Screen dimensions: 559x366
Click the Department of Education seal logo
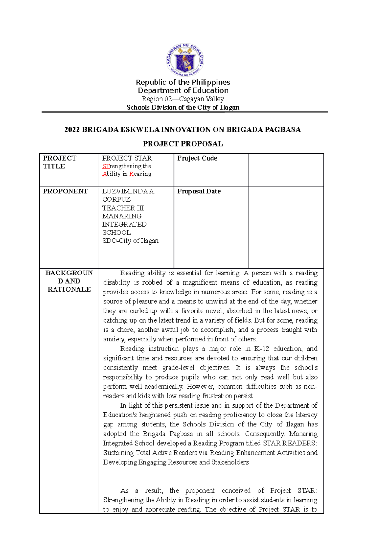185,60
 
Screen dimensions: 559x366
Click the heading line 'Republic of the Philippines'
183,82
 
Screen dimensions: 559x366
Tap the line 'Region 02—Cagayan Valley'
183,99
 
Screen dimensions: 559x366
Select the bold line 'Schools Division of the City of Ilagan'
183,108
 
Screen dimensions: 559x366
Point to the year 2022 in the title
72,130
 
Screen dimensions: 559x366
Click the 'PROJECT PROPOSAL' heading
183,144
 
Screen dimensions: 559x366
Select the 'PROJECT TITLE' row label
59,162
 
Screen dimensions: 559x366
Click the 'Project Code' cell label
197,158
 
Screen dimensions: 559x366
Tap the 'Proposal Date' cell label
199,191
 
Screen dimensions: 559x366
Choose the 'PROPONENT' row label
65,191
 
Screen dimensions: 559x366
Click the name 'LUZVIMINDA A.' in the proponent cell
129,191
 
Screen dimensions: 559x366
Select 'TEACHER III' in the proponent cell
123,208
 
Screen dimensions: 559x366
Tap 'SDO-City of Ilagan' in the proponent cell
130,241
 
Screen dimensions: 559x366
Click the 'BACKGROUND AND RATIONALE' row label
69,281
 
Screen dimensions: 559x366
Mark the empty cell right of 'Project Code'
286,170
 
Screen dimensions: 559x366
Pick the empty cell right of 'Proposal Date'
286,227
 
